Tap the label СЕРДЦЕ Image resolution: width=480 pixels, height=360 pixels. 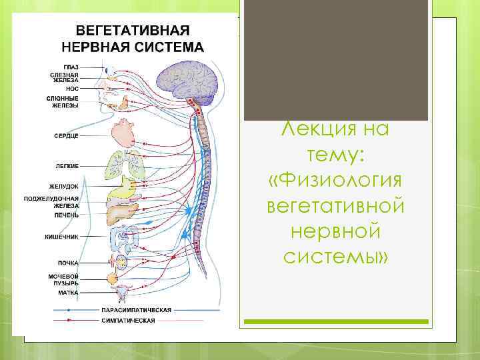67,135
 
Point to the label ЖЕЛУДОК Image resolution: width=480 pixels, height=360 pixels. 64,186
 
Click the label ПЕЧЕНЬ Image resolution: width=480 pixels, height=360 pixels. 67,215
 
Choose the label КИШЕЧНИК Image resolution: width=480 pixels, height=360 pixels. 62,237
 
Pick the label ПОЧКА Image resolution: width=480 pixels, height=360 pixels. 68,263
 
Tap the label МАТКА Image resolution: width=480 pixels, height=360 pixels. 68,292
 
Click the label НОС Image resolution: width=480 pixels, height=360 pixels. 73,87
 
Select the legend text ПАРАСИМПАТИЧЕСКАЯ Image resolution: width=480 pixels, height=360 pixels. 136,310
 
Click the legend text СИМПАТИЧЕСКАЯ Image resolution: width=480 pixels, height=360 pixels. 128,320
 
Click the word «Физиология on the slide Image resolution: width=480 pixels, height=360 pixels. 335,180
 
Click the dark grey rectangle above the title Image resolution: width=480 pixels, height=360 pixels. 335,60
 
